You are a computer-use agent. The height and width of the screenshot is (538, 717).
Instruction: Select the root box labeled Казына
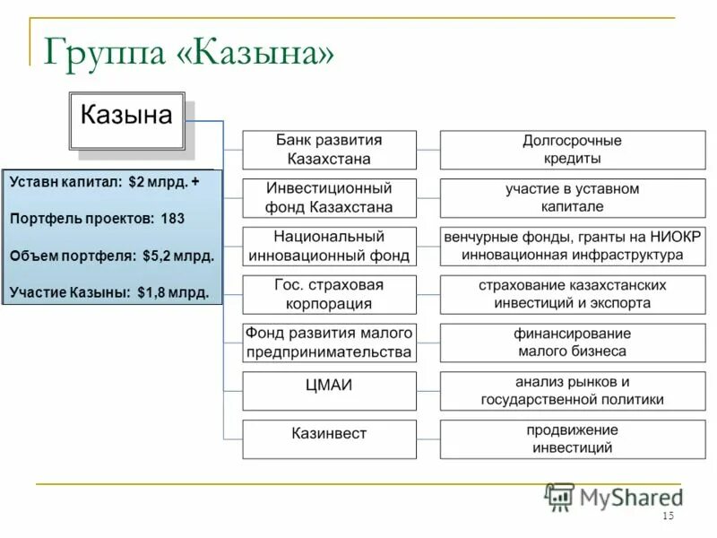click(126, 120)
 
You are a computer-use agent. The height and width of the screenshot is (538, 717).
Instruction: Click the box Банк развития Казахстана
click(329, 150)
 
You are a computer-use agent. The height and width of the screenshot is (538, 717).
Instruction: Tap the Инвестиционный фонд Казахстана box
click(329, 198)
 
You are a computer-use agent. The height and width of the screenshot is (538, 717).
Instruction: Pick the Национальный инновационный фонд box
click(329, 247)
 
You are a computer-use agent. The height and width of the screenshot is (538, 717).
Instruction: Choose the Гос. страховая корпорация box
click(329, 294)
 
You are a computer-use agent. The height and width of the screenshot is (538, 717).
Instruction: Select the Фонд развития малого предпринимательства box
click(329, 343)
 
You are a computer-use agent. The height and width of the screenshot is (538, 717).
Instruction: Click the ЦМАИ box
click(329, 390)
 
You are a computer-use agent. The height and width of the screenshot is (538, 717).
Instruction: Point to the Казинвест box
click(329, 438)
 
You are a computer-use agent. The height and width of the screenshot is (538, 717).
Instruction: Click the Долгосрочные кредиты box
click(572, 150)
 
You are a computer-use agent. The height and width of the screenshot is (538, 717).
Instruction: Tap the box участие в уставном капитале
click(572, 198)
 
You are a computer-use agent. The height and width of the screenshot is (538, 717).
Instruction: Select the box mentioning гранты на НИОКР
click(572, 247)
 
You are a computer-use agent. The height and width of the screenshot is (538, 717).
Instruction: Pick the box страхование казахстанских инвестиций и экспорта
click(572, 294)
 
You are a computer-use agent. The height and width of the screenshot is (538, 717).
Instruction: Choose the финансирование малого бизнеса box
click(572, 343)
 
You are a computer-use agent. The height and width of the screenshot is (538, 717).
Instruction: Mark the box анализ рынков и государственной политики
click(572, 390)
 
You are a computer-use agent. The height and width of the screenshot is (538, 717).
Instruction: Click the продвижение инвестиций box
click(572, 438)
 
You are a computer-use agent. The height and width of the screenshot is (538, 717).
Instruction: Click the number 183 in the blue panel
click(173, 218)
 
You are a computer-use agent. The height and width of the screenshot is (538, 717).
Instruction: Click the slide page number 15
click(668, 516)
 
